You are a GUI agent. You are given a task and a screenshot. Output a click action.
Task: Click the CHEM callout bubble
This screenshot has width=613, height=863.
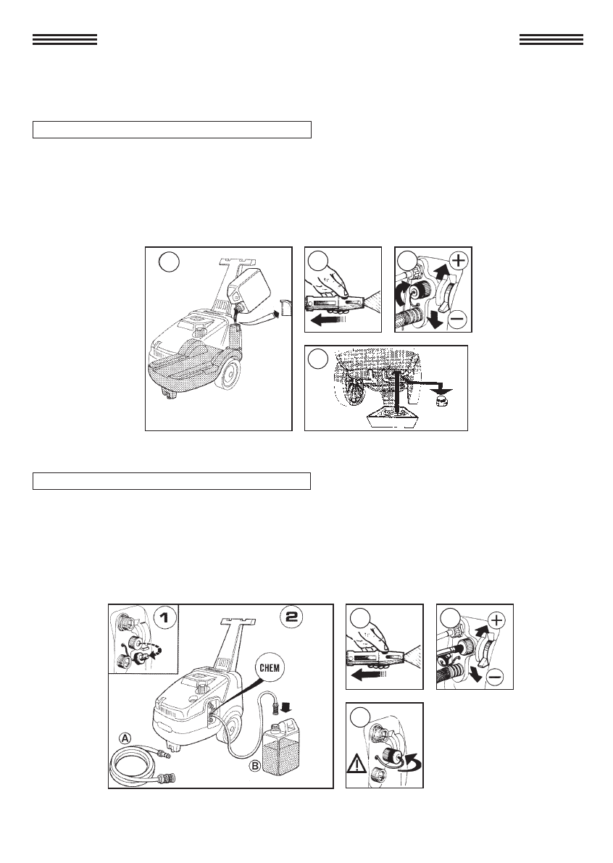pos(269,669)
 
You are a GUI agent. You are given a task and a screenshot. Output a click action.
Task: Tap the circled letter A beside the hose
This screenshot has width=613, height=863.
pos(126,738)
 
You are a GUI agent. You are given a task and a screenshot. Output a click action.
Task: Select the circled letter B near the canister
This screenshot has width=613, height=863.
pos(256,765)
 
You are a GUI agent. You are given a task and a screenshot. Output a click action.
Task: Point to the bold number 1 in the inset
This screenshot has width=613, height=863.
pos(164,617)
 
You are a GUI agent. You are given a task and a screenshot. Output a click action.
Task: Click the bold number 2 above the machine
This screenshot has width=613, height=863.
pos(291,616)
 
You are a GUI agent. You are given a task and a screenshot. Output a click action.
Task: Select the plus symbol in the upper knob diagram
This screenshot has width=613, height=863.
pos(458,260)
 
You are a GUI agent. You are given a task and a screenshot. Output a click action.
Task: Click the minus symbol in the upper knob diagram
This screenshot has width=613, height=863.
pos(458,319)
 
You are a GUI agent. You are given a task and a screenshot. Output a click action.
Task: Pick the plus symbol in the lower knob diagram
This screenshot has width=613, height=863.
pos(496,620)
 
